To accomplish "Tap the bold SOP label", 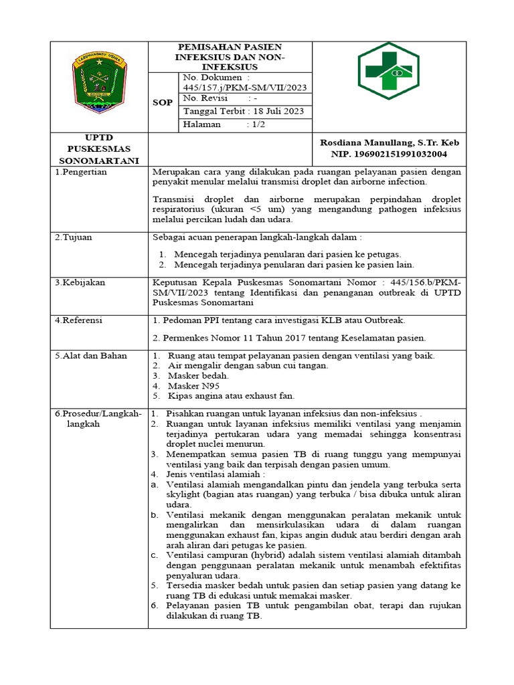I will (x=163, y=103).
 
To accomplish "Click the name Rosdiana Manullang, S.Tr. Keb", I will (x=390, y=143).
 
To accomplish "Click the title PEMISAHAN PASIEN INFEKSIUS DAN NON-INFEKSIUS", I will (x=230, y=57).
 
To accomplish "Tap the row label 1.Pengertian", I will (x=81, y=172).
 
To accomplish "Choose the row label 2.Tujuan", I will (x=74, y=237).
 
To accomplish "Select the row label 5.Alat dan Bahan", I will (x=91, y=355).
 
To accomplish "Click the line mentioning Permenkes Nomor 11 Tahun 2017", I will (x=289, y=337).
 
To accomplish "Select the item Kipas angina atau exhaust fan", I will (x=231, y=396).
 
